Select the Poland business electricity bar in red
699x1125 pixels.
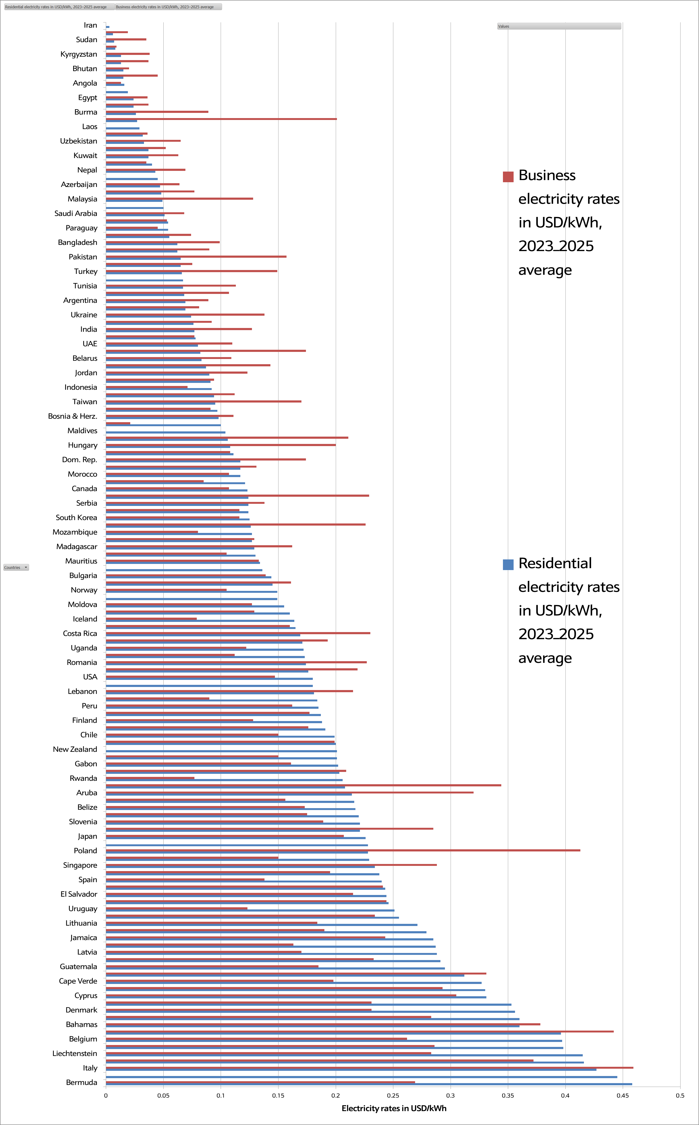tap(343, 850)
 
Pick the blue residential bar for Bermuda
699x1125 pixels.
tap(369, 1084)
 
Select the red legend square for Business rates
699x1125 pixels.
tap(508, 177)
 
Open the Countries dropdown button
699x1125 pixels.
tap(16, 567)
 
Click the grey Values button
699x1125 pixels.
tap(559, 26)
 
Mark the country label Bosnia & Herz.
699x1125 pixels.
tap(73, 416)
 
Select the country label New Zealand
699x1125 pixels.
tap(75, 749)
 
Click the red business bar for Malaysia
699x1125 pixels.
tap(179, 199)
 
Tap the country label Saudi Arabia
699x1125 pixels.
tap(76, 213)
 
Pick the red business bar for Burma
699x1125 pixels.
tap(157, 112)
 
